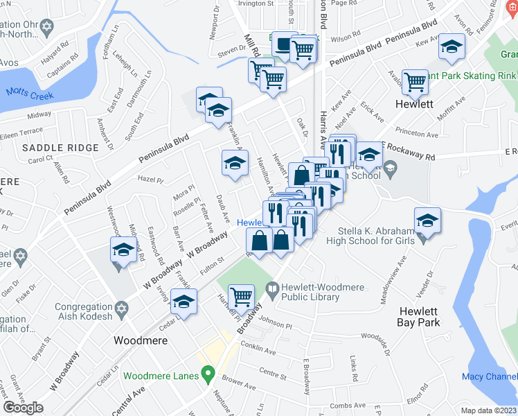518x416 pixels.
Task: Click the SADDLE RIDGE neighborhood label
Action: pos(56,148)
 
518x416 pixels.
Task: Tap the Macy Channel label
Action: pos(489,376)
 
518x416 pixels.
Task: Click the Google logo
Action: pos(24,408)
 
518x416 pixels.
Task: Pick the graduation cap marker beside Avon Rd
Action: pos(452,47)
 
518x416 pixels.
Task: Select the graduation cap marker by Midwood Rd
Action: pos(123,250)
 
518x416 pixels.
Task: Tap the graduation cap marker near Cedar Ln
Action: pos(184,302)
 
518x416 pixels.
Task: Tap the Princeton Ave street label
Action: pos(417,133)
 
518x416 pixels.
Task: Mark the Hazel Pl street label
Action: pos(150,179)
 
